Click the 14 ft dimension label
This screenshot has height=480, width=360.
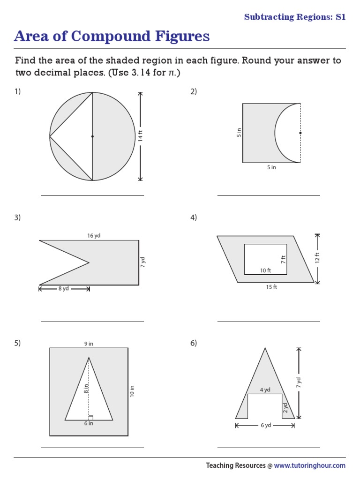(x=140, y=136)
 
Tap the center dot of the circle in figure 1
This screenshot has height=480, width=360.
(x=92, y=136)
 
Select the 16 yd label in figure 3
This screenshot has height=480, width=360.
(x=94, y=235)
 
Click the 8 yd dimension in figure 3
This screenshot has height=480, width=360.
(x=64, y=289)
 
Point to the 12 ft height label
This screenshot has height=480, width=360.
(x=317, y=258)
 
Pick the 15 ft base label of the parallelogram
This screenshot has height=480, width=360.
(x=271, y=287)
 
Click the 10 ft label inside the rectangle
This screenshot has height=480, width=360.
(x=266, y=270)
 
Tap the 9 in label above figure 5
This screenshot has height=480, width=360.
(x=89, y=344)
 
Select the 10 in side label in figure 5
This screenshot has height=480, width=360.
(x=132, y=391)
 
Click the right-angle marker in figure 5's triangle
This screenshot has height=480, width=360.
(x=91, y=418)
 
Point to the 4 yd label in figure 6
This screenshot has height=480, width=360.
(x=265, y=390)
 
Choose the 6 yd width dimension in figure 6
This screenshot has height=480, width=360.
(x=265, y=426)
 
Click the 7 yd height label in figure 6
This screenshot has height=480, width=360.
(x=299, y=383)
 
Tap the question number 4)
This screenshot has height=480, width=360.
(x=194, y=217)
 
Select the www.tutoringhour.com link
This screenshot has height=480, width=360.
(x=309, y=465)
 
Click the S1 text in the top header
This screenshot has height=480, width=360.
(x=340, y=17)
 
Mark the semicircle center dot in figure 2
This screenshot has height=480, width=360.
(x=300, y=133)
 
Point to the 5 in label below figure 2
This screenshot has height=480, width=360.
(x=271, y=167)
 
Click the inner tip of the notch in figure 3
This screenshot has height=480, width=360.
(x=89, y=262)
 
